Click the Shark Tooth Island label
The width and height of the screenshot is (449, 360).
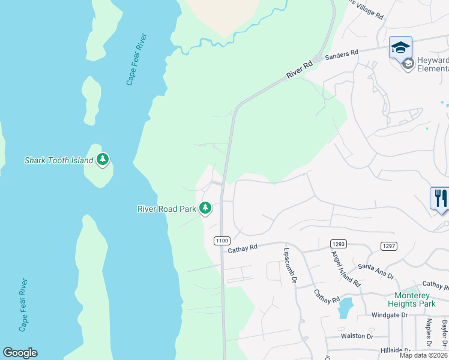58,160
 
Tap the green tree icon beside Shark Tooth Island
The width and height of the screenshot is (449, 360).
103,160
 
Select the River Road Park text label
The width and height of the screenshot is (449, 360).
167,209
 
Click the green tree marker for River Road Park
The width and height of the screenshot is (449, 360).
206,208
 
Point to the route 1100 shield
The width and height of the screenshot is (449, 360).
221,241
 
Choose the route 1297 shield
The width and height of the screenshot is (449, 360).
389,245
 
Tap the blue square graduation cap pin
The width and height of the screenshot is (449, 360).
400,47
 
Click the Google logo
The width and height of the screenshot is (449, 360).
20,353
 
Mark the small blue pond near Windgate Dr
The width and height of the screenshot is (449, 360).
345,308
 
